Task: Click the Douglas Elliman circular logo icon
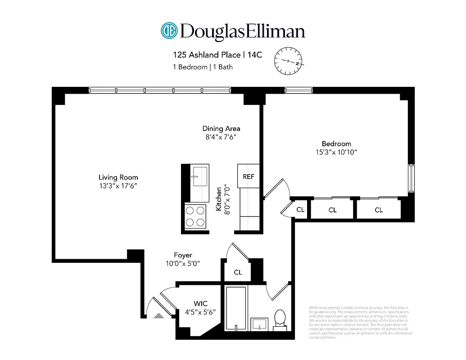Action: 169,31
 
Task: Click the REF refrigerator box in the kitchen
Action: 249,176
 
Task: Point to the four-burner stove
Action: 195,216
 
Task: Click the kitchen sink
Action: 199,175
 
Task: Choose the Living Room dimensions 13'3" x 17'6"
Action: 118,185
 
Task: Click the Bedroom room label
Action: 336,144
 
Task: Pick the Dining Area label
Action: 221,129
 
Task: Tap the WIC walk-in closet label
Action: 200,304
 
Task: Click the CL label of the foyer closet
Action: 238,272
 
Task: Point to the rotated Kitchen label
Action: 219,199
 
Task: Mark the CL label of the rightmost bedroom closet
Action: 379,210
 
